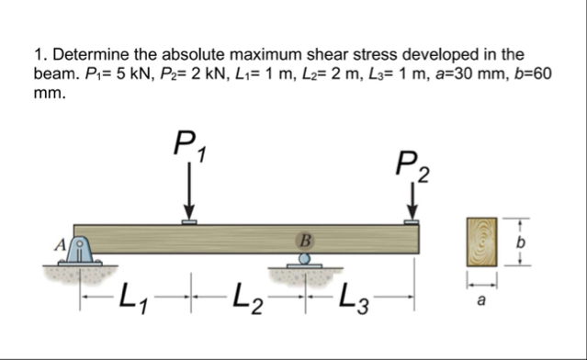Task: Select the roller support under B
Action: (304, 261)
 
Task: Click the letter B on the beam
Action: (304, 240)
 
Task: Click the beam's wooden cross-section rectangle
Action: (482, 241)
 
